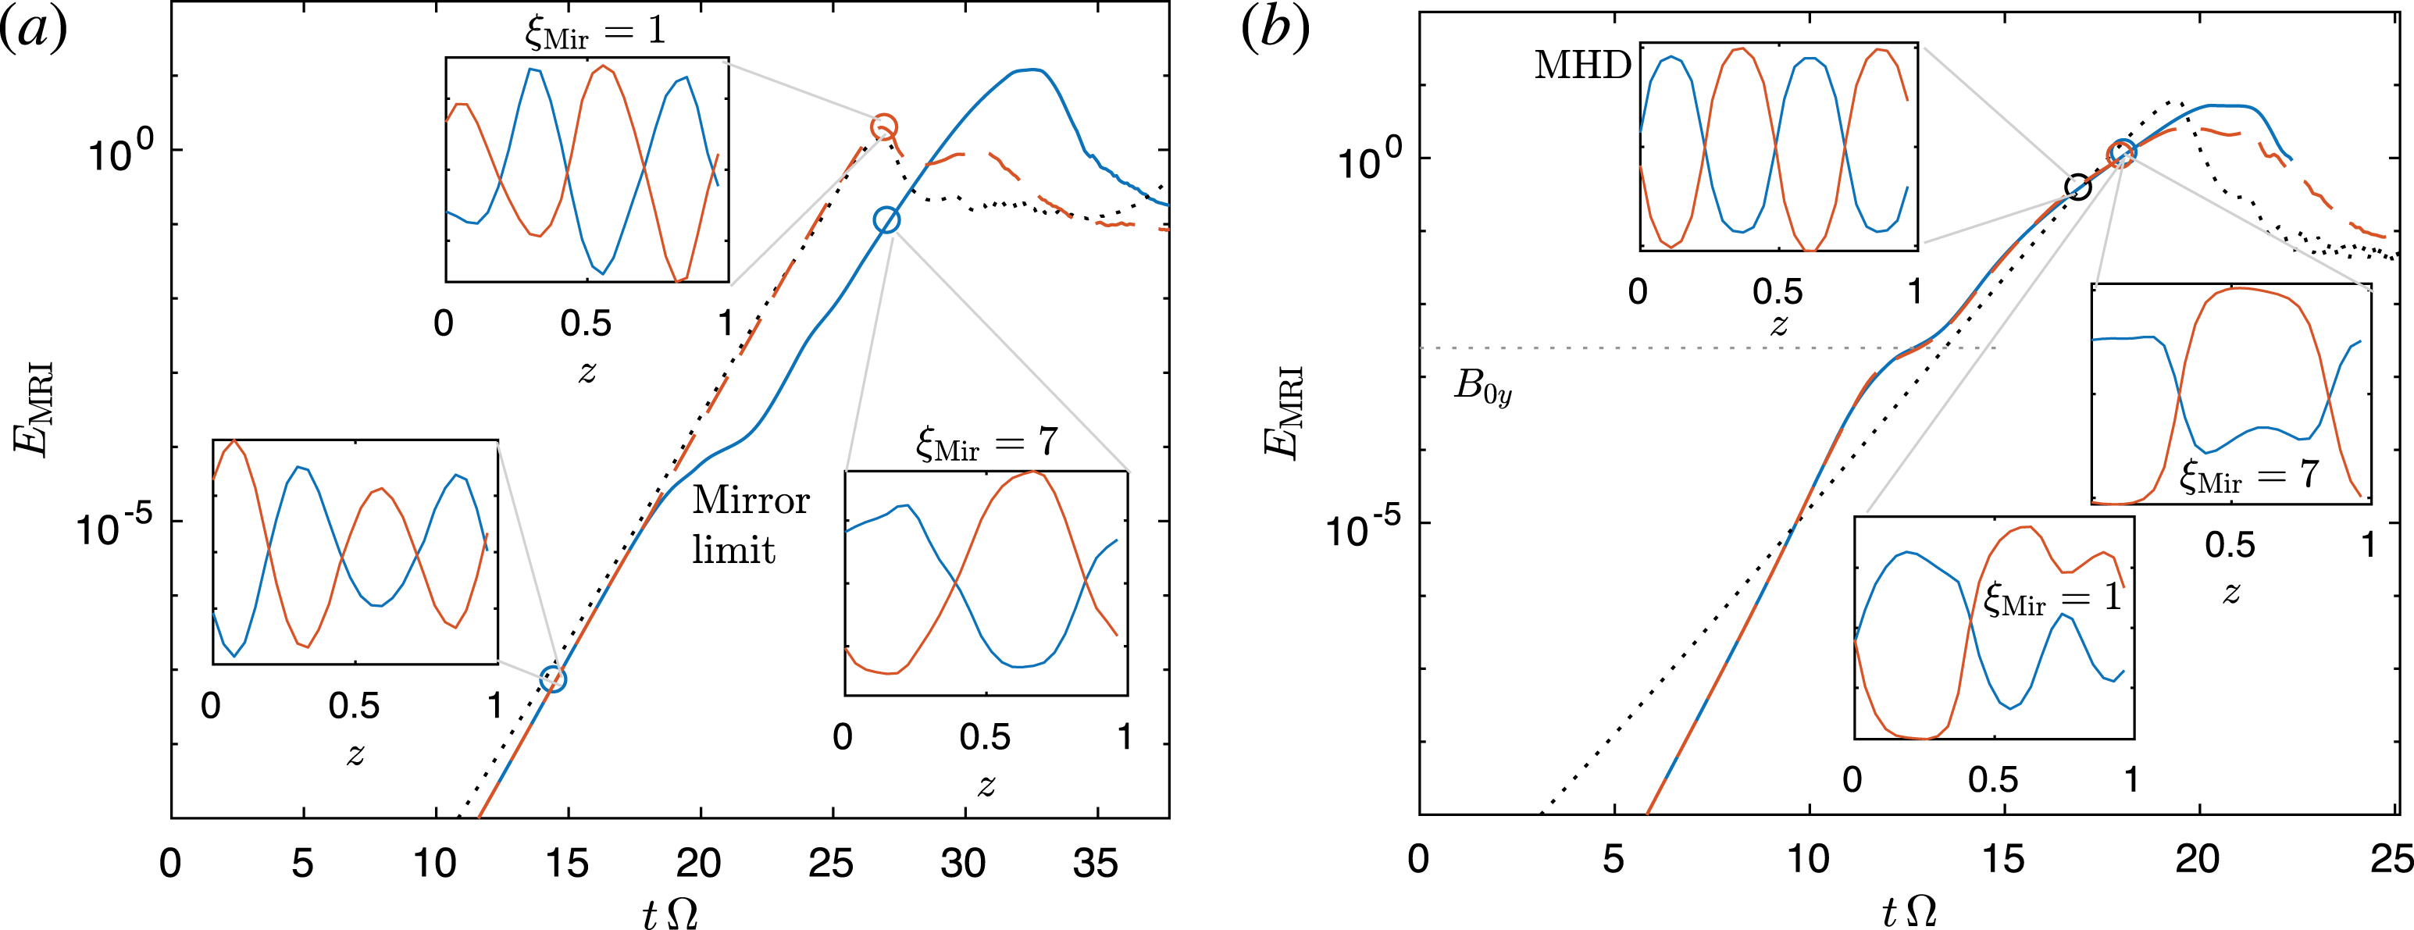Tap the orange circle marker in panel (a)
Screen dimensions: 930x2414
point(884,126)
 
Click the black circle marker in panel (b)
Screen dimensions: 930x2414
point(2077,187)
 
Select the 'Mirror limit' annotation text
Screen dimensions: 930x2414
point(750,525)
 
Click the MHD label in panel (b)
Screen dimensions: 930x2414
point(1581,66)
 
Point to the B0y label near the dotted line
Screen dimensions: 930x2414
point(1482,386)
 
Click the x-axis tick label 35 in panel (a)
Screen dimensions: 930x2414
point(1095,863)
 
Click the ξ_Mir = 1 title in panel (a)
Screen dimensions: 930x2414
point(594,32)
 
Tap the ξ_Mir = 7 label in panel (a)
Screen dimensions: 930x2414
point(986,443)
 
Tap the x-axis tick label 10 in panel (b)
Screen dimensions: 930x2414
point(1808,859)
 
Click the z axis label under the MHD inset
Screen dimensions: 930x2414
point(1778,325)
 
